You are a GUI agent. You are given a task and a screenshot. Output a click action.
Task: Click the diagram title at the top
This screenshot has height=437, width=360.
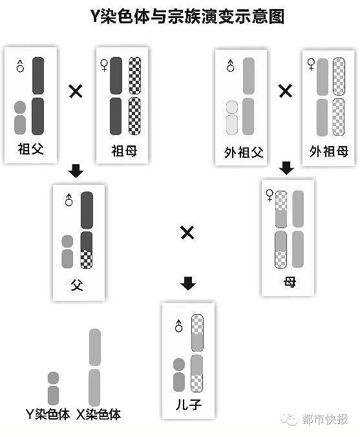pyautogui.click(x=187, y=16)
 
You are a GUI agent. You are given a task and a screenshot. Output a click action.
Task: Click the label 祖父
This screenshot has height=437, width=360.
pyautogui.click(x=30, y=149)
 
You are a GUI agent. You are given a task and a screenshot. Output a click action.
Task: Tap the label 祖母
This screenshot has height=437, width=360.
pyautogui.click(x=124, y=151)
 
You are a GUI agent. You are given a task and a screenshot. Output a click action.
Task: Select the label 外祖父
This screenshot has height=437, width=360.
pyautogui.click(x=244, y=153)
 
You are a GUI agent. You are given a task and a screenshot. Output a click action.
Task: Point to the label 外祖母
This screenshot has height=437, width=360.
pyautogui.click(x=329, y=152)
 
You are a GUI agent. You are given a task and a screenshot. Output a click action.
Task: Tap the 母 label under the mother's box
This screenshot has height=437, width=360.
pyautogui.click(x=290, y=282)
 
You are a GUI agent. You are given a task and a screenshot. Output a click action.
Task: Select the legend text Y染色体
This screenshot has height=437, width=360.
pyautogui.click(x=48, y=414)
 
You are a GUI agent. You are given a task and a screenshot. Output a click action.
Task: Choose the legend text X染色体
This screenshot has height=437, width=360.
pyautogui.click(x=99, y=414)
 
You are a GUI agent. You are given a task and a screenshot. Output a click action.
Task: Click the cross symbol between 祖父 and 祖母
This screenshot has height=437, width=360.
pyautogui.click(x=76, y=91)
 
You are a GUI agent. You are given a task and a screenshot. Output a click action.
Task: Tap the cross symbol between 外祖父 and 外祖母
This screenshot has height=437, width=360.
pyautogui.click(x=285, y=91)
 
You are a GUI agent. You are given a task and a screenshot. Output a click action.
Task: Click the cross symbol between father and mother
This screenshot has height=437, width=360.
pyautogui.click(x=187, y=233)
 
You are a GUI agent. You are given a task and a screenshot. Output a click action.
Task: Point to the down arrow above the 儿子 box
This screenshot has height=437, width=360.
pyautogui.click(x=188, y=283)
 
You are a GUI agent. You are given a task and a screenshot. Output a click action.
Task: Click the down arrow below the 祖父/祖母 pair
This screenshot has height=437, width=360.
pyautogui.click(x=76, y=171)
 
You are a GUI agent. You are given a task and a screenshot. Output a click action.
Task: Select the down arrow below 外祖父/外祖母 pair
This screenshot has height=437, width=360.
pyautogui.click(x=286, y=168)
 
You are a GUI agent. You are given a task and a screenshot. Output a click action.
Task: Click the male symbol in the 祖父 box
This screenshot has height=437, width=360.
pyautogui.click(x=20, y=66)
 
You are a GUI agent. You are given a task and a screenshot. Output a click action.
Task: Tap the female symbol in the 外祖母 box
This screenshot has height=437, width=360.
pyautogui.click(x=311, y=64)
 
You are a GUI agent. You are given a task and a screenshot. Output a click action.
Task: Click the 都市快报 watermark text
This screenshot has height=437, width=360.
pyautogui.click(x=325, y=420)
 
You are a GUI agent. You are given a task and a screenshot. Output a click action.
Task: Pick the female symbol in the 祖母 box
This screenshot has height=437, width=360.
pyautogui.click(x=104, y=65)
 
